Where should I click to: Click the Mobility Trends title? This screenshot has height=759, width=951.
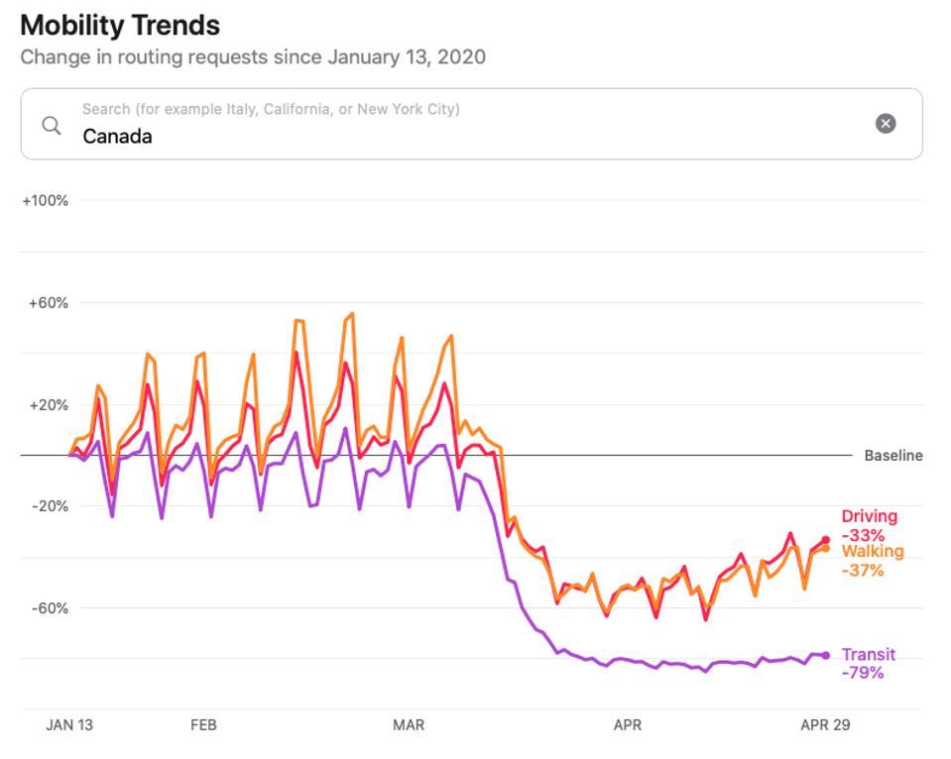pyautogui.click(x=120, y=25)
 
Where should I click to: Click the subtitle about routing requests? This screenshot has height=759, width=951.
pyautogui.click(x=253, y=56)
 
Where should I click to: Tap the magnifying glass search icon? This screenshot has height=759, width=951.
pyautogui.click(x=52, y=125)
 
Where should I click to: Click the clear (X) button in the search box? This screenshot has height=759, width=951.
pyautogui.click(x=886, y=123)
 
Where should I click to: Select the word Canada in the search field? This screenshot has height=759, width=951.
pyautogui.click(x=117, y=137)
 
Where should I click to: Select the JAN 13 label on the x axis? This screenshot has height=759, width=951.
pyautogui.click(x=69, y=725)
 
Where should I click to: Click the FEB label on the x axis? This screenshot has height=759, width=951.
pyautogui.click(x=203, y=725)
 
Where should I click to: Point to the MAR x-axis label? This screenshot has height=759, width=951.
pyautogui.click(x=409, y=725)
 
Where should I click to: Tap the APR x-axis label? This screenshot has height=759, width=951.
pyautogui.click(x=628, y=725)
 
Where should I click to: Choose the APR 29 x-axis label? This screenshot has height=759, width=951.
pyautogui.click(x=825, y=725)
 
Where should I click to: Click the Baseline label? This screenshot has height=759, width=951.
pyautogui.click(x=892, y=456)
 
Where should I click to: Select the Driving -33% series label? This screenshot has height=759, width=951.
pyautogui.click(x=869, y=525)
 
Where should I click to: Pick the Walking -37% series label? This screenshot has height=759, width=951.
pyautogui.click(x=872, y=561)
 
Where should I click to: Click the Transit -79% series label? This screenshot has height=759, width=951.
pyautogui.click(x=868, y=663)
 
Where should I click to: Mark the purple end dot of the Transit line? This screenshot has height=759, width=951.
pyautogui.click(x=825, y=655)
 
